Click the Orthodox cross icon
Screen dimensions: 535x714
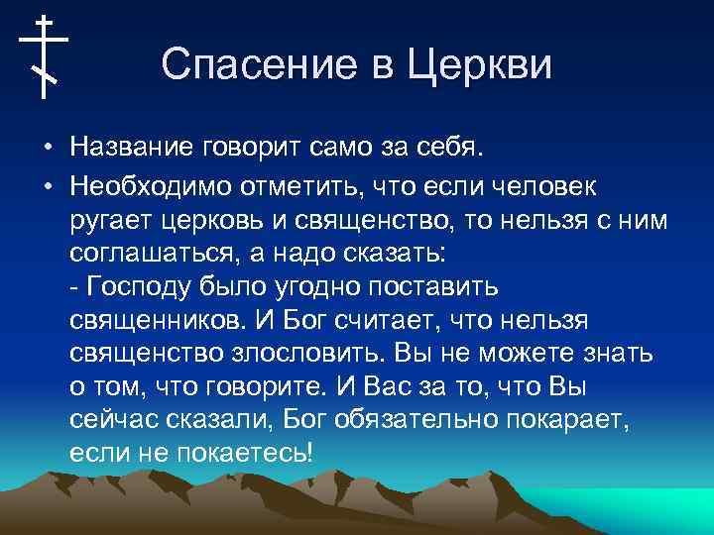click(x=44, y=56)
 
